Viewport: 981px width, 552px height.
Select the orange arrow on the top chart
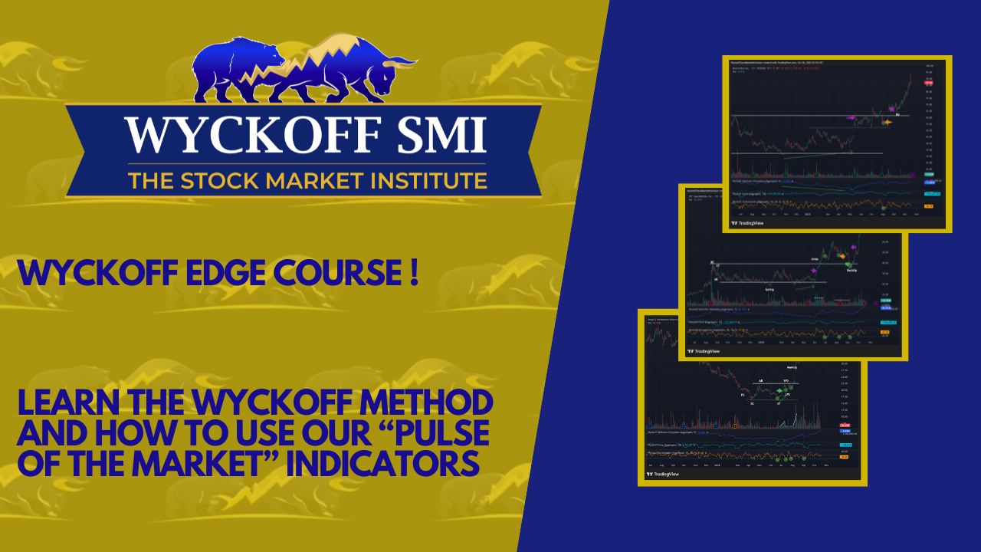click(887, 122)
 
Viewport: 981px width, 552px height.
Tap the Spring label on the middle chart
click(769, 289)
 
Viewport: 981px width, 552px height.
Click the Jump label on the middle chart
click(815, 259)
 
